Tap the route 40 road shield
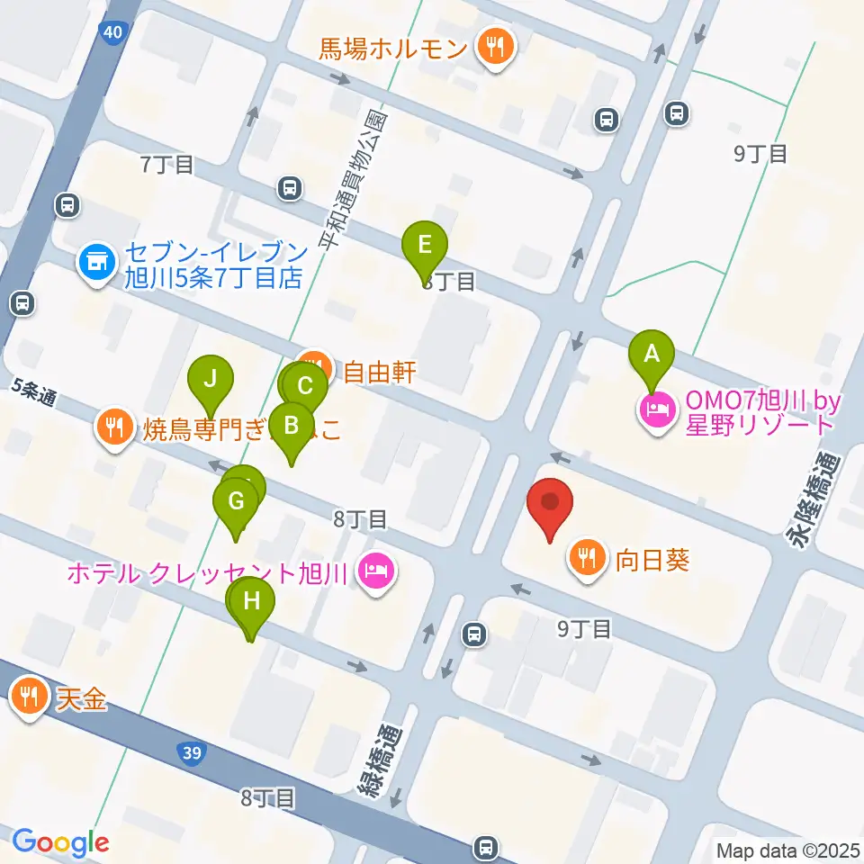tap(112, 33)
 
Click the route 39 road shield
tap(190, 751)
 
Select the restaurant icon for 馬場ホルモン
tap(494, 46)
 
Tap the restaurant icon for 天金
tap(31, 696)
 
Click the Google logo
tap(61, 842)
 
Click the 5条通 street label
tap(35, 393)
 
